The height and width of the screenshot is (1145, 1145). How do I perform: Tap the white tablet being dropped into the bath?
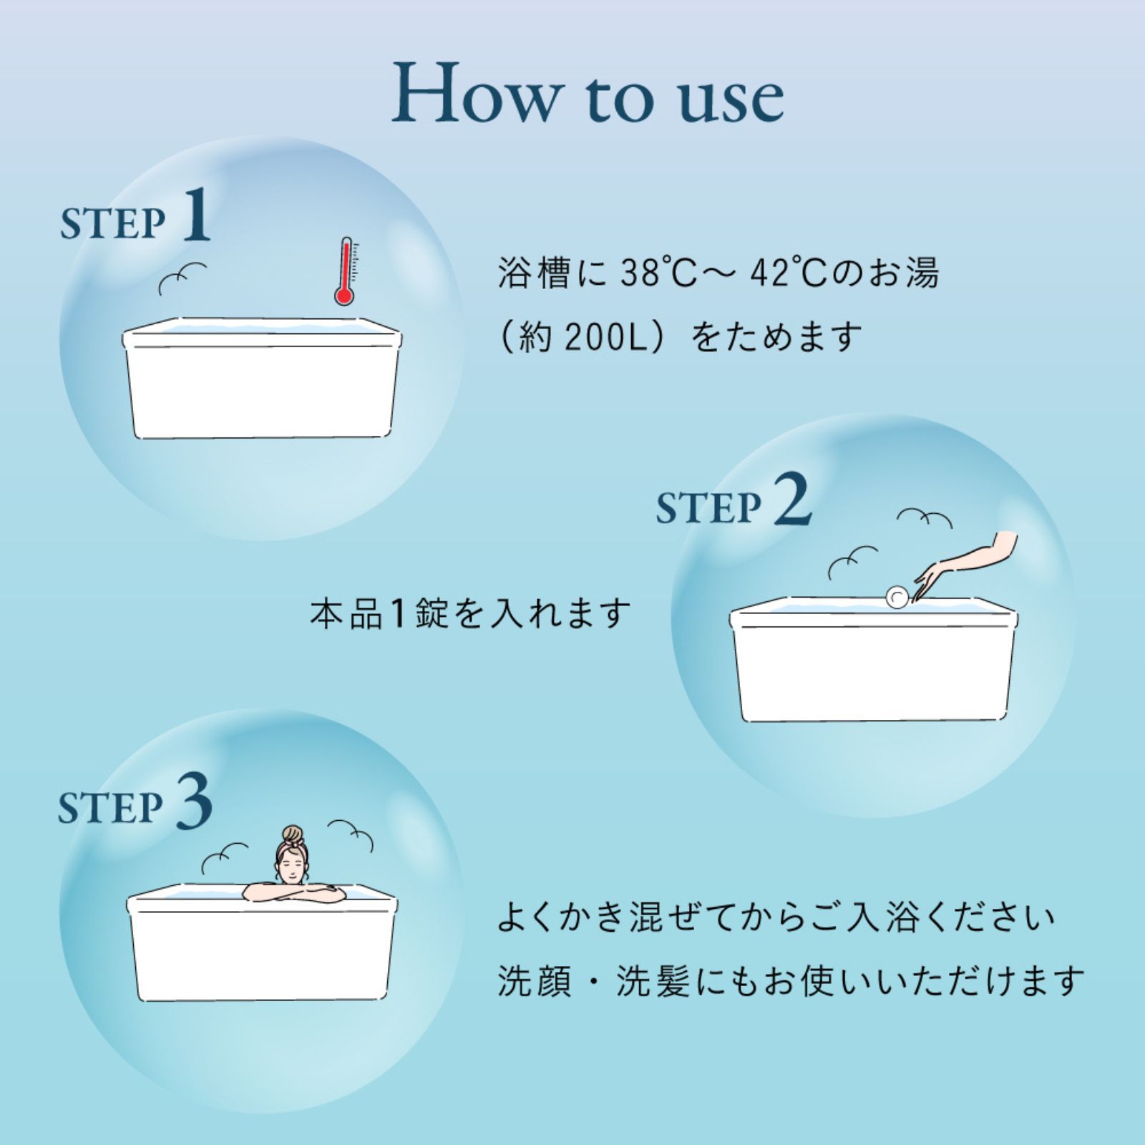click(x=897, y=597)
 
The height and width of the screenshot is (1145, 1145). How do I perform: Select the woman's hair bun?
click(x=292, y=834)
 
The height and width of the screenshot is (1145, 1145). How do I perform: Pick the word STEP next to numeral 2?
click(x=708, y=508)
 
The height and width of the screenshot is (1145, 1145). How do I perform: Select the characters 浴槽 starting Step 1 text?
click(x=534, y=273)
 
